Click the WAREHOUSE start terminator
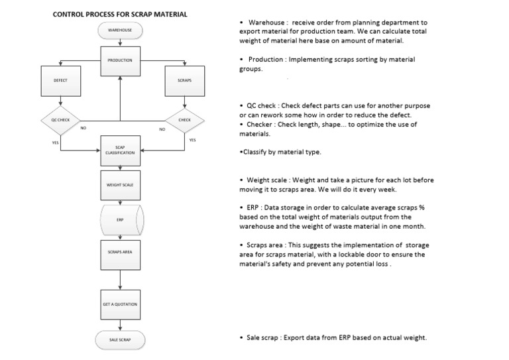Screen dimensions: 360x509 120,30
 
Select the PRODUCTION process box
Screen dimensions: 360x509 120,60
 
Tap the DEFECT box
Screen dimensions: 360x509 60,80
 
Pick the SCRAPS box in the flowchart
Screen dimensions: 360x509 184,80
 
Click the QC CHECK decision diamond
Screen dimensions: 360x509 60,120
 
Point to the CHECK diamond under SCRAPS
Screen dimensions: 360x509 184,120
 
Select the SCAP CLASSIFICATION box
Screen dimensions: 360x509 120,150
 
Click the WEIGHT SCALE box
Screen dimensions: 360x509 120,185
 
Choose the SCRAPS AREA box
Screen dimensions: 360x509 120,253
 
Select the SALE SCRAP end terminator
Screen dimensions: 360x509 120,339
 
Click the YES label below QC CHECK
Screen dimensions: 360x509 55,143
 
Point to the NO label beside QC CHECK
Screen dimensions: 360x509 84,128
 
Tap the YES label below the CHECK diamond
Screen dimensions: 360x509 192,141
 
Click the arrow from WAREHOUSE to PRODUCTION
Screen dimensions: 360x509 120,41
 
